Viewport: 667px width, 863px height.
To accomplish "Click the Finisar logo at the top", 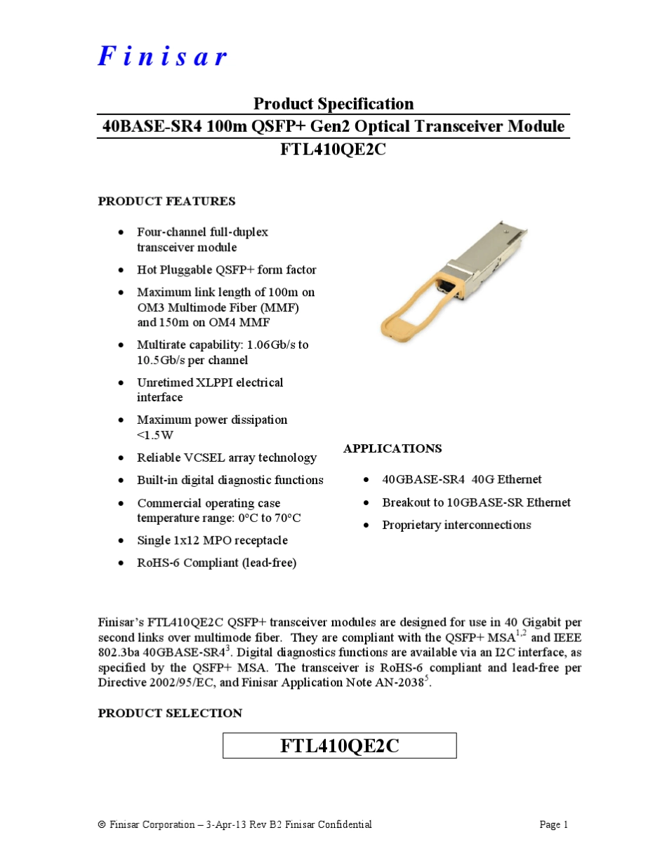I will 162,56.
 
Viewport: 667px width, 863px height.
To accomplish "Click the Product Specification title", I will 333,104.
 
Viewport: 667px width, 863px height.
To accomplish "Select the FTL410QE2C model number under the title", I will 333,149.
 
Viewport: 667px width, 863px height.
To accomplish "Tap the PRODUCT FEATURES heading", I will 166,201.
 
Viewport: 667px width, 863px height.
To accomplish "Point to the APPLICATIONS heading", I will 392,448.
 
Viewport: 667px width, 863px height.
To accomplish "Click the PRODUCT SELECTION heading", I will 170,713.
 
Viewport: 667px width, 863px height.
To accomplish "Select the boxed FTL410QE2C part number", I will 340,745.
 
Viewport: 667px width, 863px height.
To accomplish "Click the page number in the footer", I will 554,824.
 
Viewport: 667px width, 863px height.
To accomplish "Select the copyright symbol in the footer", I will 102,825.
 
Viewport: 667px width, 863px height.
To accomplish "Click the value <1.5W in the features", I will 155,435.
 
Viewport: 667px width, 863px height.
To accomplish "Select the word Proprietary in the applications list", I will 411,525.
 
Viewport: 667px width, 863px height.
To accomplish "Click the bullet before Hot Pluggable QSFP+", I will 122,270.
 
